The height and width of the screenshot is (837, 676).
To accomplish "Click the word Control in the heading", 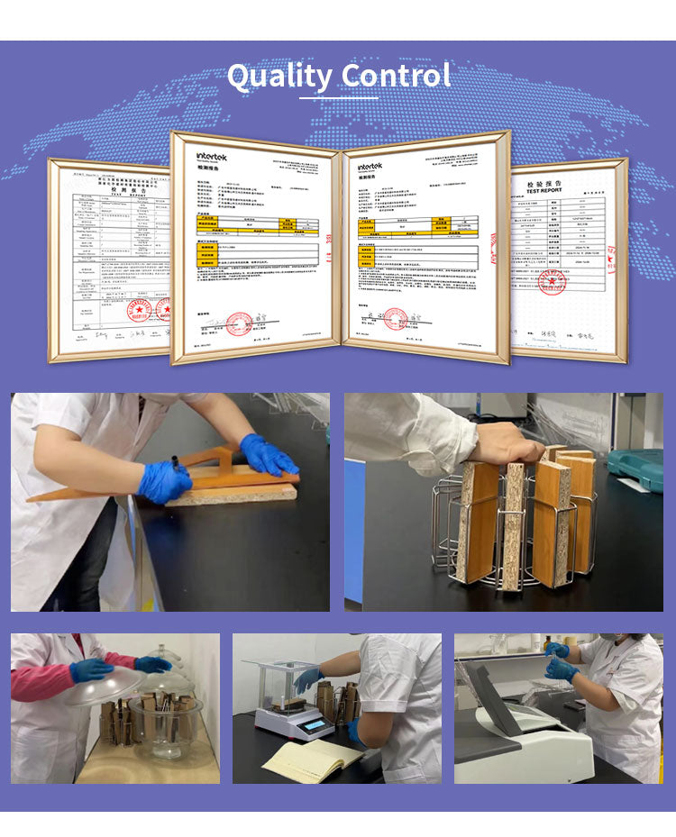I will (396, 76).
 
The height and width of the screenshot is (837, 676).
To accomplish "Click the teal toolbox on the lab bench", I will (635, 469).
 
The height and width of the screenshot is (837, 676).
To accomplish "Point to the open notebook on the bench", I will (308, 761).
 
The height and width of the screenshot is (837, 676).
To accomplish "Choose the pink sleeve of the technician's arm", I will (41, 682).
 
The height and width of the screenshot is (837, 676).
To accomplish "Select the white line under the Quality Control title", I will (338, 96).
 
